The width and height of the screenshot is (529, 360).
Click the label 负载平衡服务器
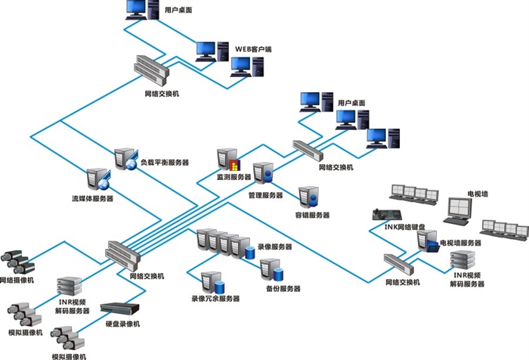(165, 163)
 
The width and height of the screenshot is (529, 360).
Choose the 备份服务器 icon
(270, 269)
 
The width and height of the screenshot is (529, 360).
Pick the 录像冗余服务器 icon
(214, 282)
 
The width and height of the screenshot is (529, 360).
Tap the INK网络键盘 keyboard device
(385, 215)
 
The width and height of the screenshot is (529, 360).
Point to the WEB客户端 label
(253, 49)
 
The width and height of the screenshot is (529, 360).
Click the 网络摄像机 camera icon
(16, 262)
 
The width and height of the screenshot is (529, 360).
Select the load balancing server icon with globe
(125, 160)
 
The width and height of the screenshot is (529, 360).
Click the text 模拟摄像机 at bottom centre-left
(69, 355)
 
